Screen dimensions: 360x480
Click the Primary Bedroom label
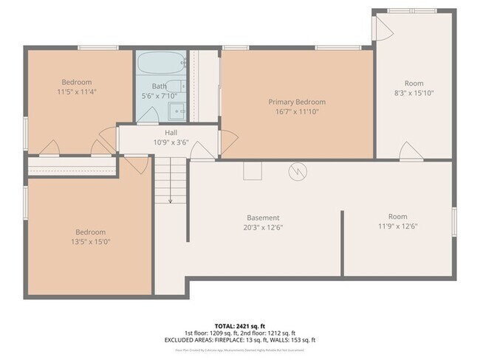coord(297,102)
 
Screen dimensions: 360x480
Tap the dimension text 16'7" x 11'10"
coord(297,111)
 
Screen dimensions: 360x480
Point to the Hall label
coord(171,132)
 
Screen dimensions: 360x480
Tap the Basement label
coord(263,218)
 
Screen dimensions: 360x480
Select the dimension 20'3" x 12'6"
coord(263,227)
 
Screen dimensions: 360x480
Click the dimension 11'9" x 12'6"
coord(397,226)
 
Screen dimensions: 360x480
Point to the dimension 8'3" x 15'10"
coord(414,93)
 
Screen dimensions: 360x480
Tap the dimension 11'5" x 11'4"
coord(77,91)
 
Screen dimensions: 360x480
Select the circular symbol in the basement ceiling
coord(297,170)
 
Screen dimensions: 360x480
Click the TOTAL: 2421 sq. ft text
coord(240,325)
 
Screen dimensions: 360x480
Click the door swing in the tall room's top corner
coord(383,27)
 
